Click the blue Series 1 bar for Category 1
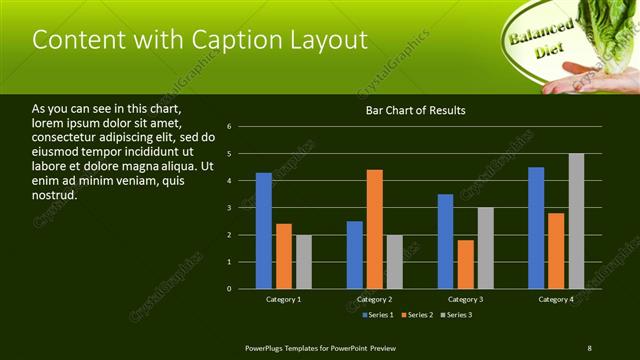(x=264, y=231)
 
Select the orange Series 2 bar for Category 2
(x=375, y=229)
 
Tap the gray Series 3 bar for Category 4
(x=576, y=221)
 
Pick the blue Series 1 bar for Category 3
(x=446, y=241)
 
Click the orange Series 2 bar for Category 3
(x=466, y=264)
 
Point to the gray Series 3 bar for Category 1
(x=304, y=262)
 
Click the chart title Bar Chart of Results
(x=415, y=110)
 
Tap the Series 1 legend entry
(x=377, y=315)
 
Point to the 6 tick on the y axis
(x=230, y=127)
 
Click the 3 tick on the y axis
(x=230, y=208)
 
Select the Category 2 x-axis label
(x=375, y=299)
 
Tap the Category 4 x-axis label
(x=556, y=299)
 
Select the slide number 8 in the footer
(x=589, y=348)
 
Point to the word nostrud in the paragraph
(x=55, y=195)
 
